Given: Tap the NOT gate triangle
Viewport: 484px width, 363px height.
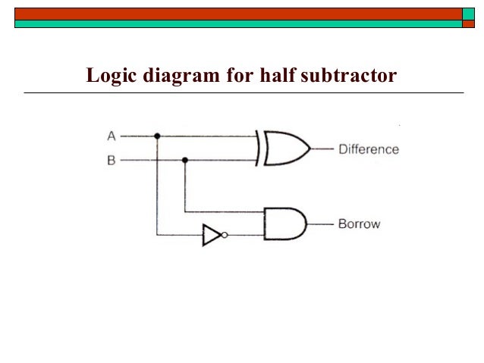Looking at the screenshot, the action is click(x=212, y=236).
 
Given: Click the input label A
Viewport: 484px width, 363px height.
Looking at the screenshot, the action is click(x=111, y=136).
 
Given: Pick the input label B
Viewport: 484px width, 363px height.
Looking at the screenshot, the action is click(x=111, y=161).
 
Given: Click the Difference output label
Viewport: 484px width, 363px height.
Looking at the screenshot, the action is click(x=368, y=149).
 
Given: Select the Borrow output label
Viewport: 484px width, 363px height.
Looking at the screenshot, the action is click(x=359, y=224).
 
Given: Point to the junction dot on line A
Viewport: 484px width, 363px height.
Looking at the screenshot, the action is click(x=157, y=136).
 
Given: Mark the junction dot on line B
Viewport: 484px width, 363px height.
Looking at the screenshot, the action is click(x=185, y=161).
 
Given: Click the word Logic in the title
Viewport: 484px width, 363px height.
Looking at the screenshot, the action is click(x=108, y=77).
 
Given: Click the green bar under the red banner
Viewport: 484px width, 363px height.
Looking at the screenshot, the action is click(x=235, y=24).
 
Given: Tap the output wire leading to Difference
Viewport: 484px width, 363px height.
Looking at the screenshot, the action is click(x=322, y=149).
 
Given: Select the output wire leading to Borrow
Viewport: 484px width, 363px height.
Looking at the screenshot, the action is click(x=320, y=224).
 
